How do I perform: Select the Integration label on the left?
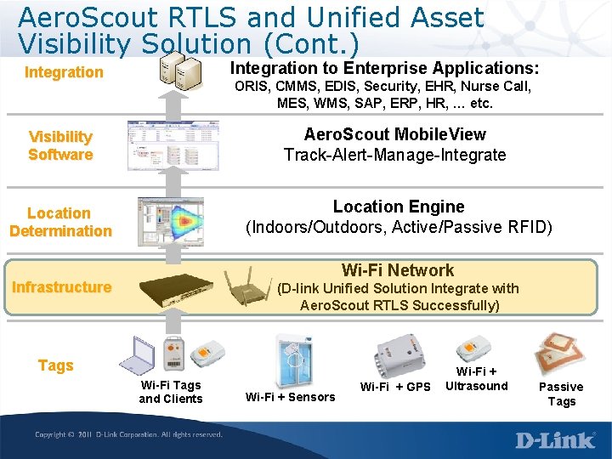coord(64,72)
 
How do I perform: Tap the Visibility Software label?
coord(60,145)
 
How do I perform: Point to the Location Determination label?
coord(60,222)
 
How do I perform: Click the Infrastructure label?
coord(61,287)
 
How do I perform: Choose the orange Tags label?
coord(56,365)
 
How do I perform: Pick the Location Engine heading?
coord(399,207)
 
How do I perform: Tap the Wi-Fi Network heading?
coord(398,270)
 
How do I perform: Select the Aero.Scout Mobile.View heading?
coord(395,134)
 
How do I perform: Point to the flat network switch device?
coord(176,290)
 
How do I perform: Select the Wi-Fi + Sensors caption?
coord(290,397)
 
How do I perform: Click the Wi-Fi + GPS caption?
coord(395,388)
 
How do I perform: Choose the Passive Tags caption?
coord(561,394)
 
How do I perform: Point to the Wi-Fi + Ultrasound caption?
coord(476,378)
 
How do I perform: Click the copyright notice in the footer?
coord(128,435)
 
